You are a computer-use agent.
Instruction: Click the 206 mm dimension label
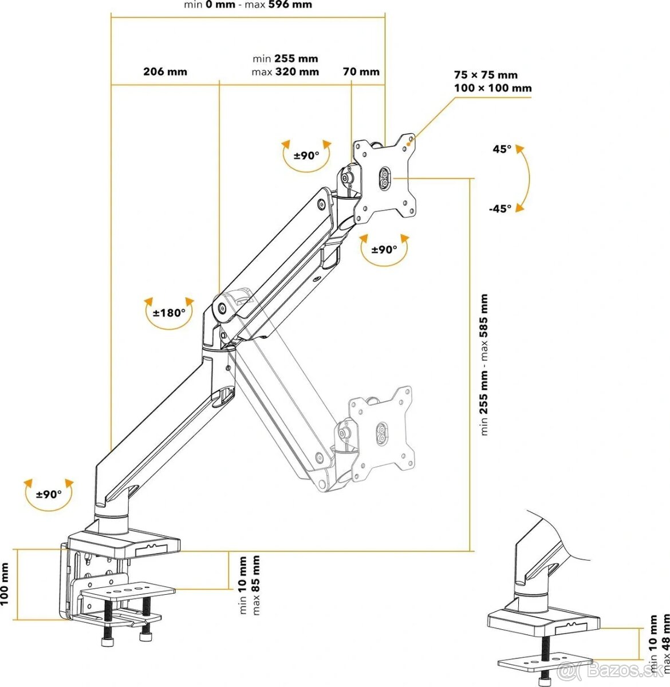coord(165,72)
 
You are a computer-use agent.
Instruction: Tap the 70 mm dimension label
coord(361,72)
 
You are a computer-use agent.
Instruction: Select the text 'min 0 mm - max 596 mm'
coord(248,5)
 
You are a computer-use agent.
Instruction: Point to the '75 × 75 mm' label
coord(486,75)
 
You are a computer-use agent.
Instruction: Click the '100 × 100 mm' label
coord(492,88)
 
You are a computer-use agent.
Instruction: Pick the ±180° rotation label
coord(169,313)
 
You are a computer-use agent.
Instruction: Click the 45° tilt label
coord(502,149)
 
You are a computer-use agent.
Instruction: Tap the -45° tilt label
coord(500,208)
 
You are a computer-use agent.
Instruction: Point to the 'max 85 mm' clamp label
coord(256,585)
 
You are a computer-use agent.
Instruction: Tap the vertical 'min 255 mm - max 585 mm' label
coord(484,365)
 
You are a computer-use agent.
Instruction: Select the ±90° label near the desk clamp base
coord(49,493)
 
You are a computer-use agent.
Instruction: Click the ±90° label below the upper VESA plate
coord(384,250)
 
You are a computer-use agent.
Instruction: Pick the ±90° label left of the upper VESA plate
coord(307,156)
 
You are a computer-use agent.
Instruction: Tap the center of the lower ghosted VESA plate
coord(381,432)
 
